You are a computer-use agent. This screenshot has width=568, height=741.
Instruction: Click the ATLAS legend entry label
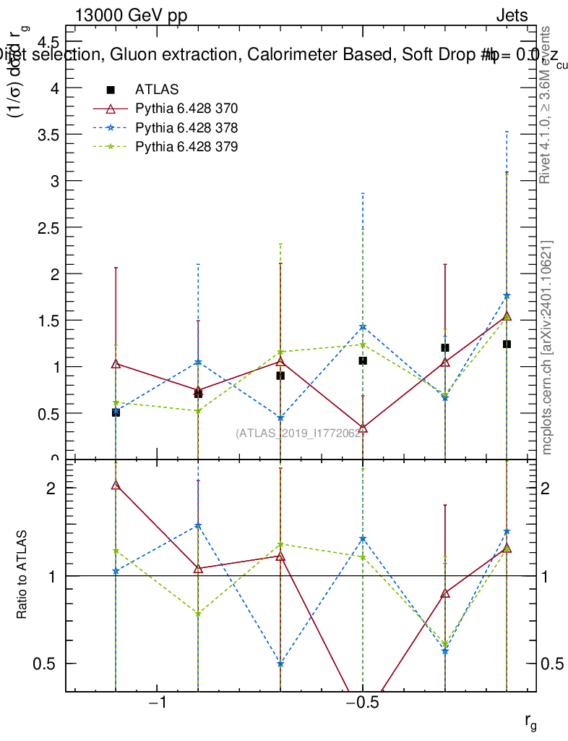pos(152,90)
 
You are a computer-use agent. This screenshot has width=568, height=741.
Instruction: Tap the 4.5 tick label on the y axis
pos(48,41)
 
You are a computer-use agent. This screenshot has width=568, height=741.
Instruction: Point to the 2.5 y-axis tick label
pos(48,227)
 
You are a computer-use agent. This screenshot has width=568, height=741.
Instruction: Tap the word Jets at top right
pos(511,16)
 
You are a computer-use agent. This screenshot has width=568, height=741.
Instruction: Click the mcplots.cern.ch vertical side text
pos(547,347)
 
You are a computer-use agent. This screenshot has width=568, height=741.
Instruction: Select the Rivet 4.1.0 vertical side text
pos(547,105)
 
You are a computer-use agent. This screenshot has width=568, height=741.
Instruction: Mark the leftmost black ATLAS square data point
pos(116,412)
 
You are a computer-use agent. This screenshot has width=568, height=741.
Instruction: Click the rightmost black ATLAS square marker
pos(507,344)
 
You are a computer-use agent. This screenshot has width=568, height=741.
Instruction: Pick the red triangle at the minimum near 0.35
pos(363,428)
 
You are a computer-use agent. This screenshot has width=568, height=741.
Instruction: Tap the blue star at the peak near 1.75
pos(507,295)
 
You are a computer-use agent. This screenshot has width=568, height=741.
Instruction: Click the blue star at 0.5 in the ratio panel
pos(280,664)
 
